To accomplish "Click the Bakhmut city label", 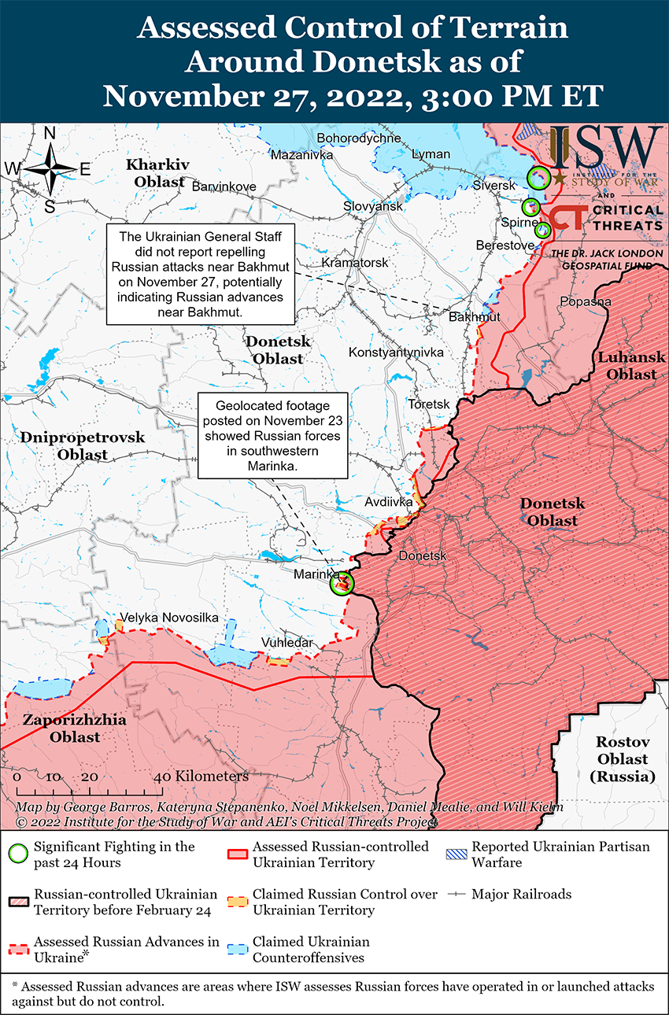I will pos(474,317).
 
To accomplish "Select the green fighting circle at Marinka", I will pos(342,583).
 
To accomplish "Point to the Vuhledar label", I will pos(286,643).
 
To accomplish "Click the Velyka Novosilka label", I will pos(168,618).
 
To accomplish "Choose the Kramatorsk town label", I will pos(355,262).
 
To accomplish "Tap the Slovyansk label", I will pos(372,206).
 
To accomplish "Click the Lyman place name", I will pos(431,154).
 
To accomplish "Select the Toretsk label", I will pos(429,404).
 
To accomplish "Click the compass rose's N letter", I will pos(50,134).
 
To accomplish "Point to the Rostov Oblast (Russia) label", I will pos(622,759).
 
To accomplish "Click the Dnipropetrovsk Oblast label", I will pos(83,446).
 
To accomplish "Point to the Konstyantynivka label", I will pos(396,352).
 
